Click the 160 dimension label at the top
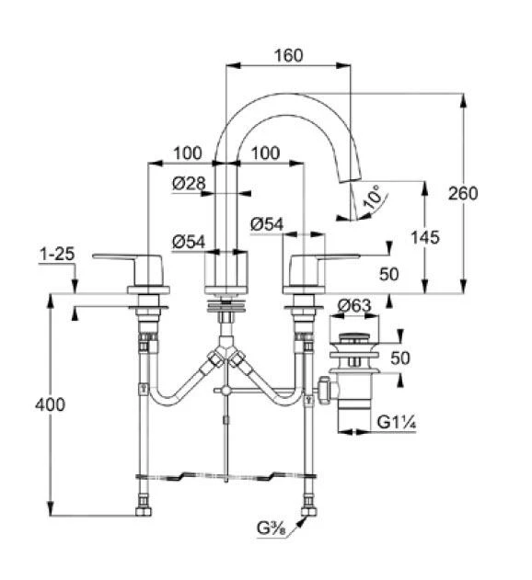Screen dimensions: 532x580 point(288,55)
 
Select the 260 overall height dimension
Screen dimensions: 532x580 point(463,193)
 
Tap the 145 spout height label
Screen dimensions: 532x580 point(425,237)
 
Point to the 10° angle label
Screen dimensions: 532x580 point(373,197)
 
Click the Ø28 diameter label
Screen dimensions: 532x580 point(189,183)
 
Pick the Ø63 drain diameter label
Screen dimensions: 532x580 point(354,305)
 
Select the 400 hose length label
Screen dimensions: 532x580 point(50,405)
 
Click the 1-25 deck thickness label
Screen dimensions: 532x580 point(57,254)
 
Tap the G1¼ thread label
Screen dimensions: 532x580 point(396,422)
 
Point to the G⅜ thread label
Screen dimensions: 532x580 point(272,529)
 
